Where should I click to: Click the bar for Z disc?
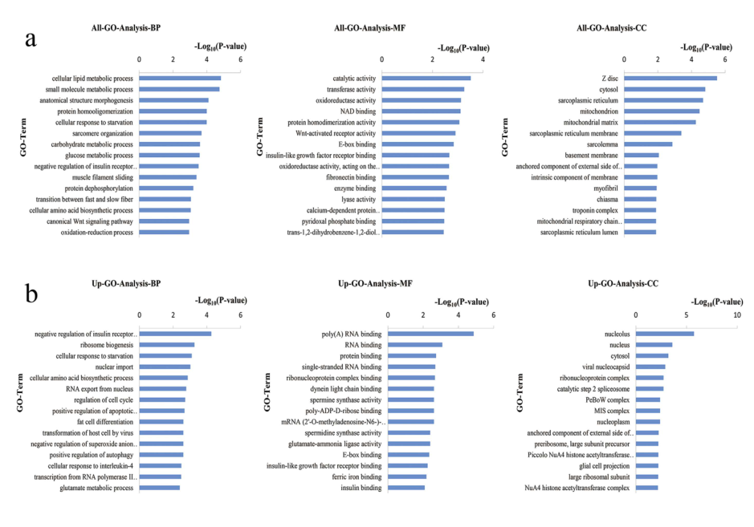[670, 78]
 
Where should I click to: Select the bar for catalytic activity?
[426, 78]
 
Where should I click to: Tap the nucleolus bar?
[665, 334]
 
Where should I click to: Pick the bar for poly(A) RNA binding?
[430, 334]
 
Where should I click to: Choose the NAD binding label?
[358, 111]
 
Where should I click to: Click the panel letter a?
[31, 39]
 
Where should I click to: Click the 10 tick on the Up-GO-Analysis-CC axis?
[736, 315]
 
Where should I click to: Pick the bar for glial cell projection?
[647, 465]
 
